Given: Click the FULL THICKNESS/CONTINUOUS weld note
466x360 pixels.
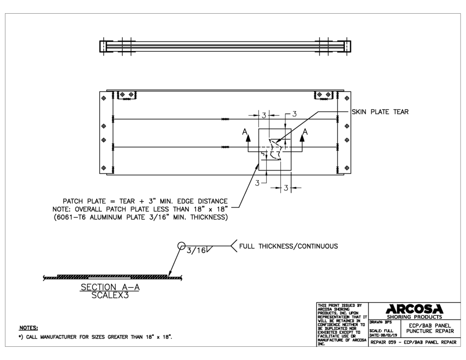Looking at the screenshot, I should click(292, 246).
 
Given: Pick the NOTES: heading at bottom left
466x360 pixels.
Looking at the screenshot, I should click(28, 327).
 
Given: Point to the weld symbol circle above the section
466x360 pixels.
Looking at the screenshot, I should click(182, 244).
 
